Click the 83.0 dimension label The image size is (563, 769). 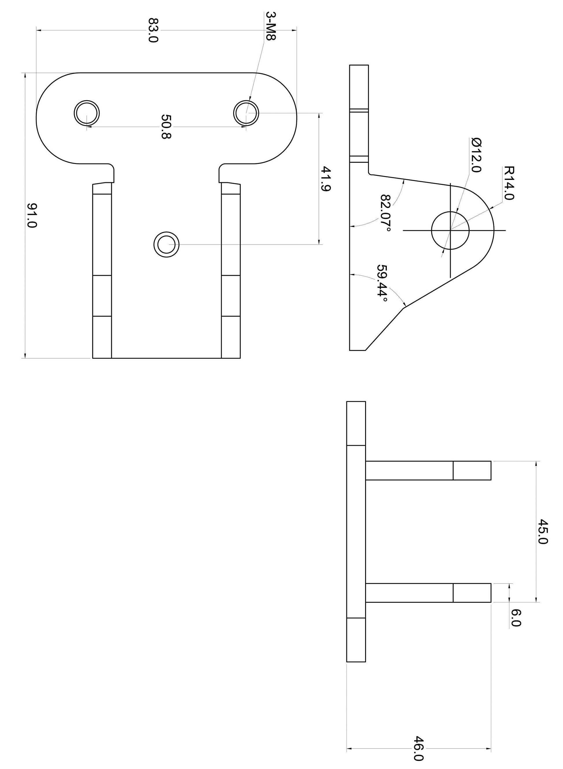[153, 30]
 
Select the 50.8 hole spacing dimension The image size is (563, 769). [166, 127]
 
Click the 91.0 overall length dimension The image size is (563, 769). [32, 216]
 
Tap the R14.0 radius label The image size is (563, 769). [509, 183]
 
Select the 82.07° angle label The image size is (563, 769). [385, 213]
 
